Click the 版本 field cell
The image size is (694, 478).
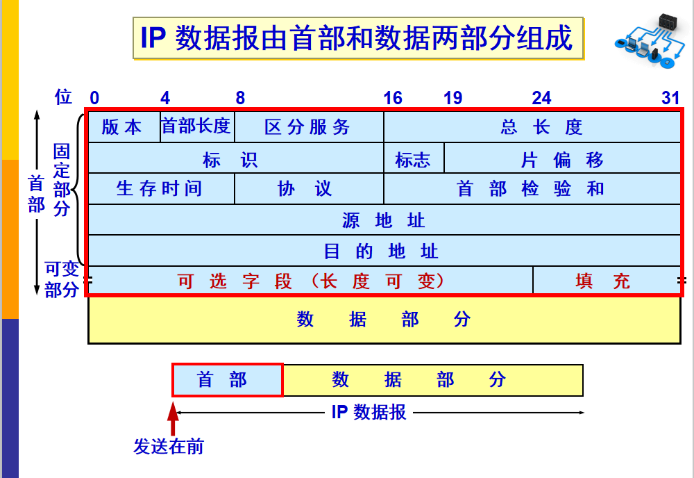click(124, 126)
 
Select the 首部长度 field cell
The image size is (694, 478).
click(197, 126)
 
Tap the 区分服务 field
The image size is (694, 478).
click(308, 126)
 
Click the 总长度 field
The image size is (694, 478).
click(532, 126)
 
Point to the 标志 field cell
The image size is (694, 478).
click(413, 159)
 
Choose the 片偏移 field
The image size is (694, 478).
click(562, 159)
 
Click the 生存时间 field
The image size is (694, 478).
click(160, 188)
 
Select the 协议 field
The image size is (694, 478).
click(308, 188)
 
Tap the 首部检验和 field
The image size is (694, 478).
click(532, 188)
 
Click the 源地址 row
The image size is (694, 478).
click(384, 220)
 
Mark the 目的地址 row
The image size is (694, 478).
click(384, 250)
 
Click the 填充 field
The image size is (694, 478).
click(605, 281)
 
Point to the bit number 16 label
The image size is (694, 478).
click(393, 98)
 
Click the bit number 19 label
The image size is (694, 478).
click(452, 98)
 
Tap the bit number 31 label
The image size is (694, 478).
click(670, 98)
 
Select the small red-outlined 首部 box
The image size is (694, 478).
click(227, 380)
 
